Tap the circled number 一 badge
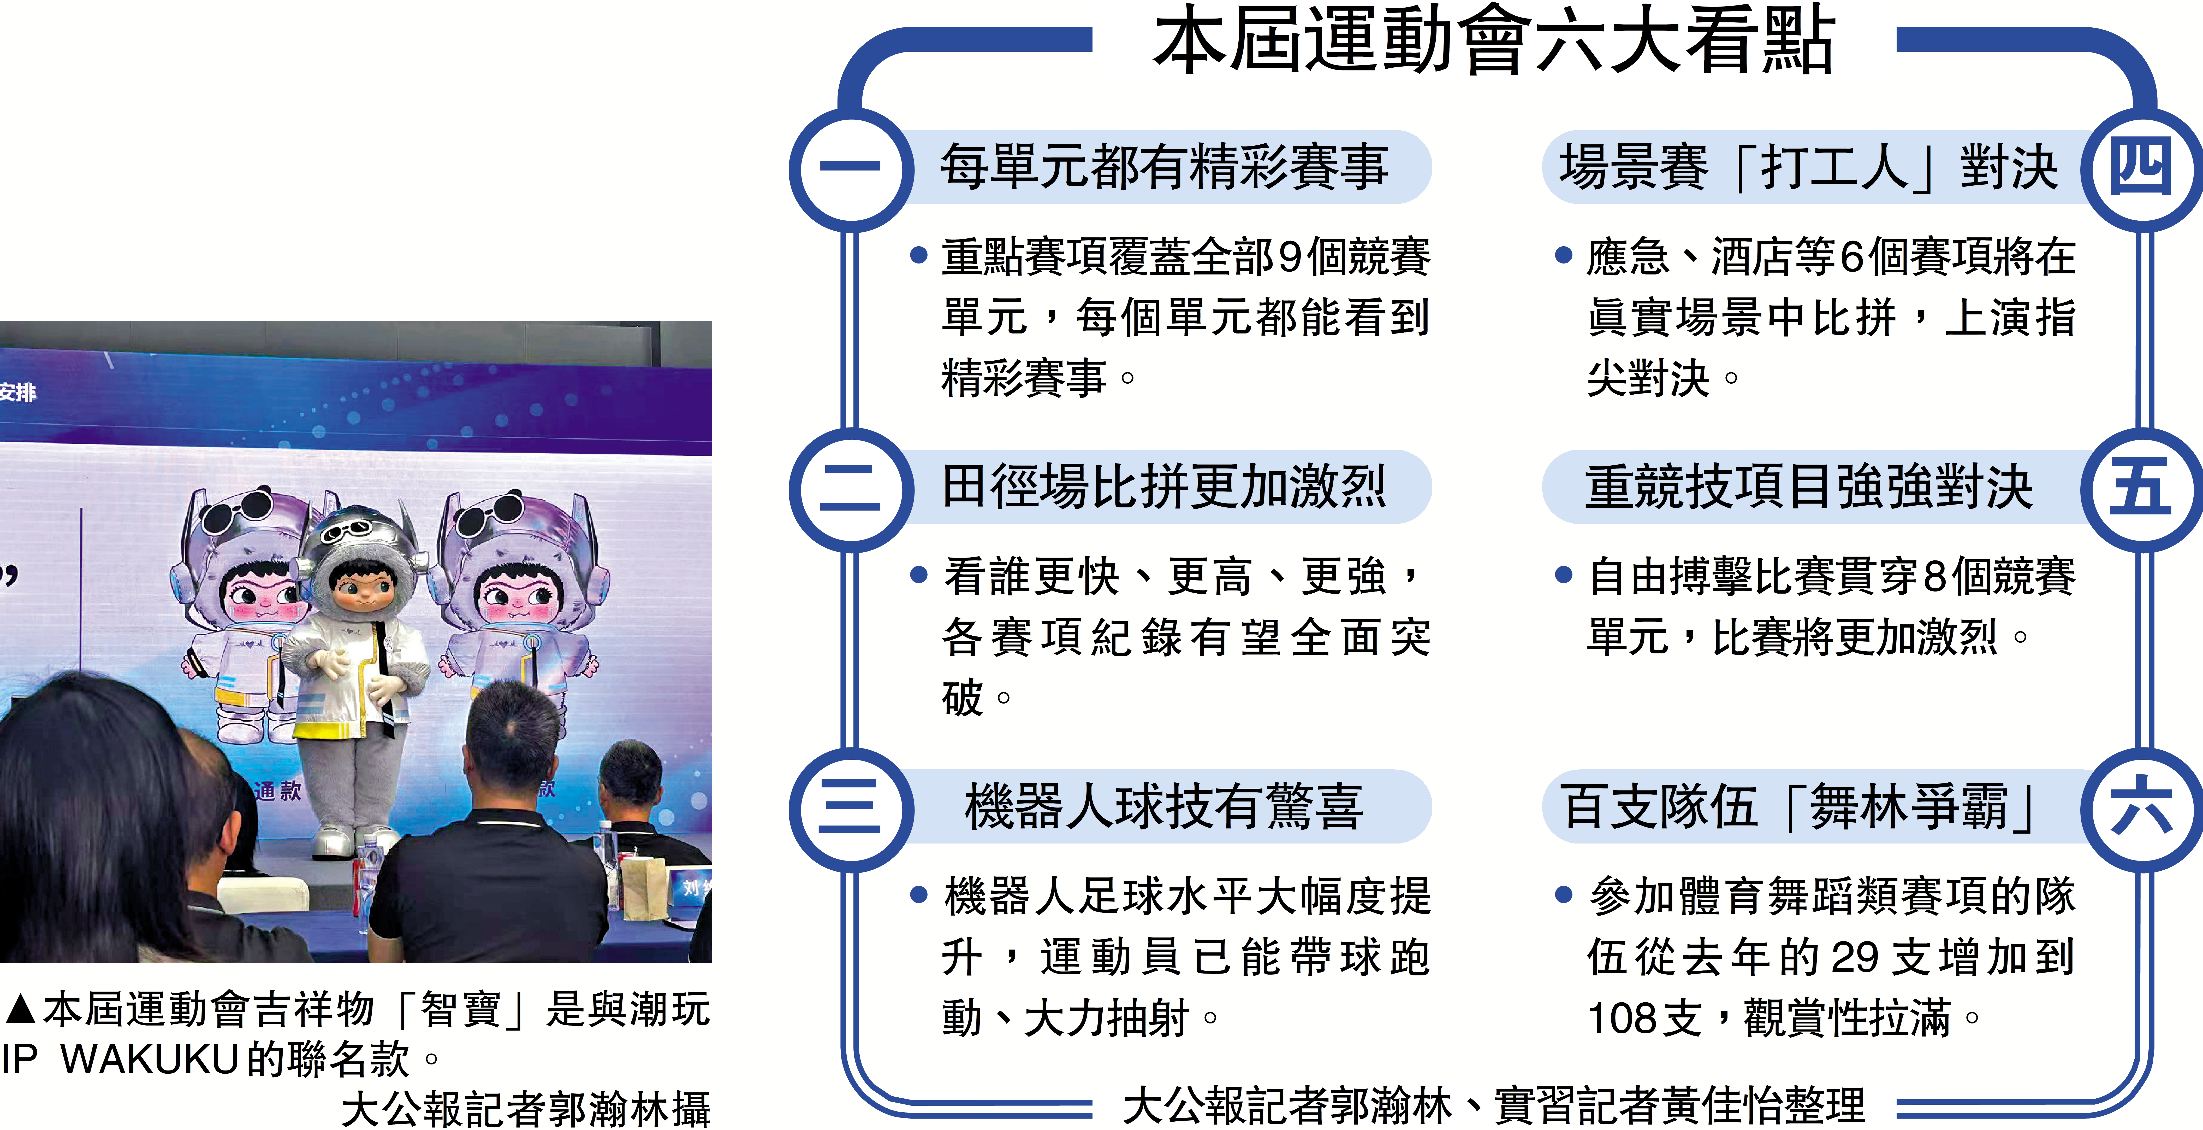coord(849,168)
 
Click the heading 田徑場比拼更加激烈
coord(1163,487)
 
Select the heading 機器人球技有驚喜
coord(1163,807)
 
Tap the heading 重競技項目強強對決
coord(1809,487)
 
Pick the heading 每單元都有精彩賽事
coord(1163,167)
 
